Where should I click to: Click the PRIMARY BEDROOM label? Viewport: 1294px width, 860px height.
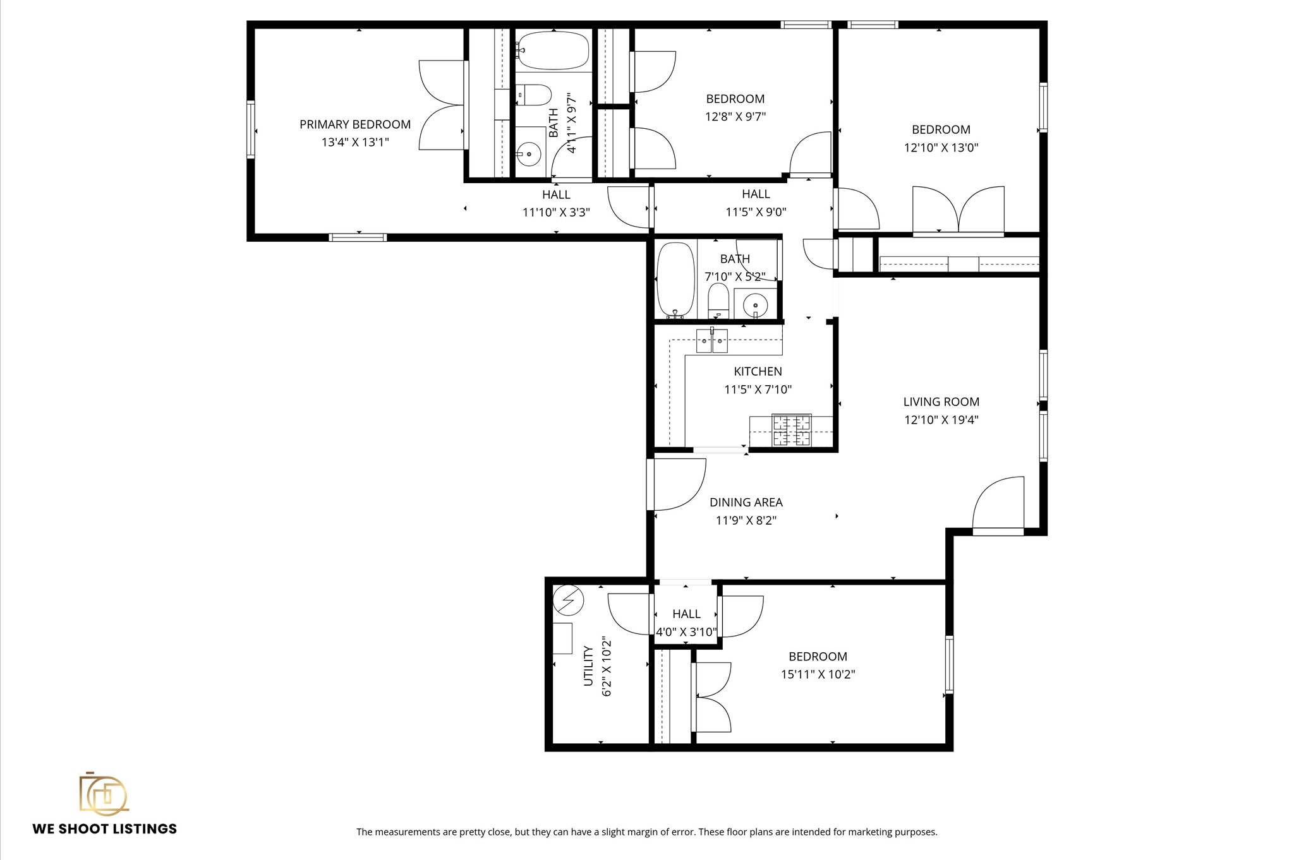[354, 124]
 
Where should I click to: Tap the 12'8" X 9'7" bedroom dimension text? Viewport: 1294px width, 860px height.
[735, 117]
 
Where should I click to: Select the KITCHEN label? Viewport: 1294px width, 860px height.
[758, 371]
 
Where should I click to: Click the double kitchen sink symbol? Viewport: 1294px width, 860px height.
[712, 341]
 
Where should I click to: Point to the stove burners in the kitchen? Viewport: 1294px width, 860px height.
[792, 430]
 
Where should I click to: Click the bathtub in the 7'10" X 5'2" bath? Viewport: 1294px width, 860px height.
[675, 280]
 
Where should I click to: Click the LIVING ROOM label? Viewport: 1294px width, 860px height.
[941, 402]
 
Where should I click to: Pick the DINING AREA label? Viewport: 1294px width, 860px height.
[746, 503]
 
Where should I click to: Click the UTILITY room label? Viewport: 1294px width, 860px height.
[588, 666]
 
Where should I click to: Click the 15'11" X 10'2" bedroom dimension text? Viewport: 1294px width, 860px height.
[818, 674]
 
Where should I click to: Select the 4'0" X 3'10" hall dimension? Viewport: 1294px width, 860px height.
[686, 632]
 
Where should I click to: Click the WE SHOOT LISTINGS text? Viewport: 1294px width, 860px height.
[105, 829]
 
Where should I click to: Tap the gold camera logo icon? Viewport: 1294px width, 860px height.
[103, 793]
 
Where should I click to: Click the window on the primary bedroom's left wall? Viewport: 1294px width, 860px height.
[251, 129]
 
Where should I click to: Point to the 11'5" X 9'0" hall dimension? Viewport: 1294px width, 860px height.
[756, 212]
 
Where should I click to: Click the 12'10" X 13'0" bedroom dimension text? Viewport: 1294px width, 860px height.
[941, 148]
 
